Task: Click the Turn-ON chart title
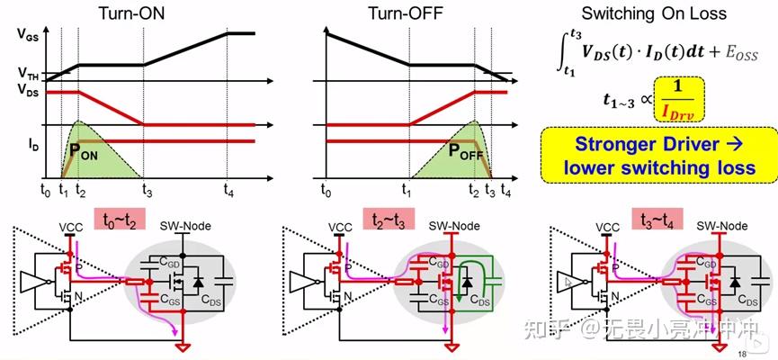coord(131,13)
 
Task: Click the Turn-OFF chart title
coord(405,13)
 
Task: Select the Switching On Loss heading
coord(654,13)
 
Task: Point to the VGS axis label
coord(30,34)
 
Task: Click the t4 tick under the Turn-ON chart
coord(228,189)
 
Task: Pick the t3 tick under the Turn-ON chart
coord(147,189)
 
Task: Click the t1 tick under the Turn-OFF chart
coord(407,189)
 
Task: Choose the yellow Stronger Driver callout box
coord(658,155)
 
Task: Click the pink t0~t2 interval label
coord(119,218)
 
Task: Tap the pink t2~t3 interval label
coord(389,218)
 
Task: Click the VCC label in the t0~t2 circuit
coord(70,228)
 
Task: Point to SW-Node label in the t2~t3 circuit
coord(454,226)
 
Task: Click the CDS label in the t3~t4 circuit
coord(748,300)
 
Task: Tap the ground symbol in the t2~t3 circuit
coord(452,347)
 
